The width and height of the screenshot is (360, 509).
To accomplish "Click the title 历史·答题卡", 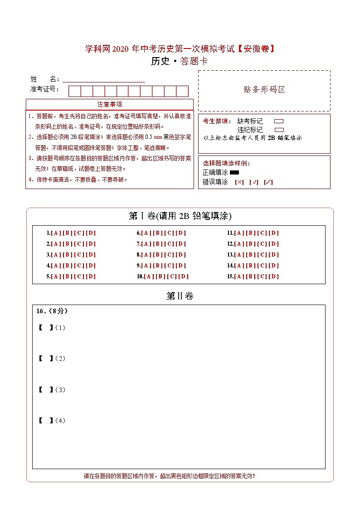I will tap(180, 62).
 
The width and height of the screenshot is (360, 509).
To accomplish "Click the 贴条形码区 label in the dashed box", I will tap(264, 90).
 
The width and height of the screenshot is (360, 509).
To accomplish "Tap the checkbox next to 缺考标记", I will tap(279, 121).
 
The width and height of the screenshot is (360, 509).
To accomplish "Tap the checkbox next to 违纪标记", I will tap(279, 130).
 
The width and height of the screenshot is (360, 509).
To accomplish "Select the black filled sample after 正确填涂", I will tap(234, 173).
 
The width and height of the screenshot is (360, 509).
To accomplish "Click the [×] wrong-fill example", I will tap(239, 182).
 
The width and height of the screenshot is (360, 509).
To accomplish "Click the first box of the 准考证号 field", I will tap(74, 91).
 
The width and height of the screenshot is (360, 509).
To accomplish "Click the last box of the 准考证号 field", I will tap(182, 91).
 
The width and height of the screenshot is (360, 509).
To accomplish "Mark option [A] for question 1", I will tap(56, 233).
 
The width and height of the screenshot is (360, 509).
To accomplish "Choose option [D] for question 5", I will tap(91, 276).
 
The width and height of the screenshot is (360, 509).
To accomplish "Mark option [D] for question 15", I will tap(274, 276).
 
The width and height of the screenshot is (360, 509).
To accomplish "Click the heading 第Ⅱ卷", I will tap(180, 296).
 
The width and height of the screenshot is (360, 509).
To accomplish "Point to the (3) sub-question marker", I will tap(60, 390).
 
